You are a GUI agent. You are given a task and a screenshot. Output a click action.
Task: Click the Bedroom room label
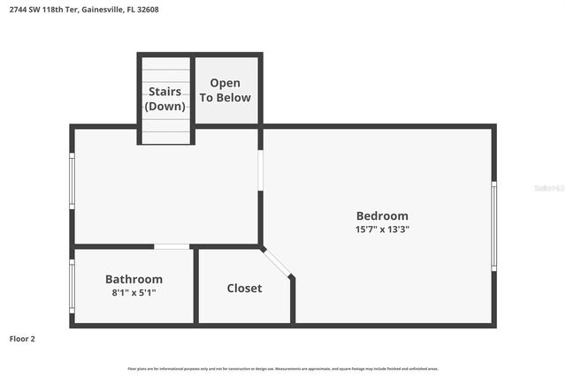click(x=382, y=216)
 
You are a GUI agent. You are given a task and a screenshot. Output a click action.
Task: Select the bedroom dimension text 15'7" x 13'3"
click(x=382, y=229)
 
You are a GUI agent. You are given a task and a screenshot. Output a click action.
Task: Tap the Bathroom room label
click(x=134, y=279)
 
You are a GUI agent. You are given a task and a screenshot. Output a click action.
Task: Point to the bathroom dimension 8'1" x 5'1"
click(x=134, y=292)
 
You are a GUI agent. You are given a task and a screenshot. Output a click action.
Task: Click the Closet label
click(x=244, y=288)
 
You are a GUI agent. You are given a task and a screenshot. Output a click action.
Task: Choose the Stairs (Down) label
click(x=165, y=99)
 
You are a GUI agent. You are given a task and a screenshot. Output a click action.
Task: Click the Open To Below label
click(x=225, y=91)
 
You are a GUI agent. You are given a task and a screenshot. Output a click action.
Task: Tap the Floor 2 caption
click(x=22, y=338)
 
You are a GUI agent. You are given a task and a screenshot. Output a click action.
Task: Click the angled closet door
click(x=277, y=262)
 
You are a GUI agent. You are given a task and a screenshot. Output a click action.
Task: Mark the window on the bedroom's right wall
click(x=493, y=224)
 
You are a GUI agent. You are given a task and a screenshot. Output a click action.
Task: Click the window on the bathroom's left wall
click(x=72, y=285)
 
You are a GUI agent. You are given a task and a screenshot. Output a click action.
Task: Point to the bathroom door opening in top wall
click(x=172, y=246)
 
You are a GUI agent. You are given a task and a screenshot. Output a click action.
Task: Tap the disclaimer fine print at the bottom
click(x=283, y=368)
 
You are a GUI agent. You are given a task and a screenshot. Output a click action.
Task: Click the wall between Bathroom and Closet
click(x=195, y=286)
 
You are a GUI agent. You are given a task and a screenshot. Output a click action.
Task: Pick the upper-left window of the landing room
click(x=72, y=180)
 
